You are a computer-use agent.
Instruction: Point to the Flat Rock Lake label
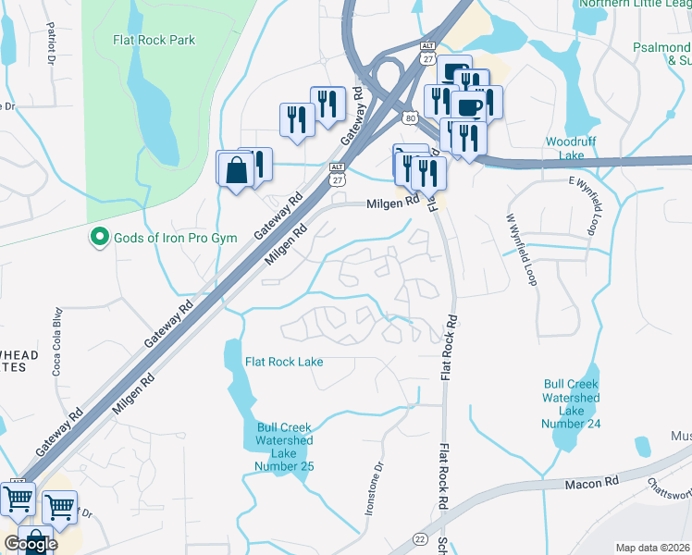[x=284, y=361]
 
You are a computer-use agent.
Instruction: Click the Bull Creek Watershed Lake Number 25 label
[x=285, y=447]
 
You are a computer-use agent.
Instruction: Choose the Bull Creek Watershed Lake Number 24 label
[x=572, y=403]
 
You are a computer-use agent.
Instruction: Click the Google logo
[x=31, y=544]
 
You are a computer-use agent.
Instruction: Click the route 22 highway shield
[x=421, y=538]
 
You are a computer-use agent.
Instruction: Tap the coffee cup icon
[x=469, y=106]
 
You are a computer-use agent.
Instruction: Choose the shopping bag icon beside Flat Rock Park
[x=236, y=170]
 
